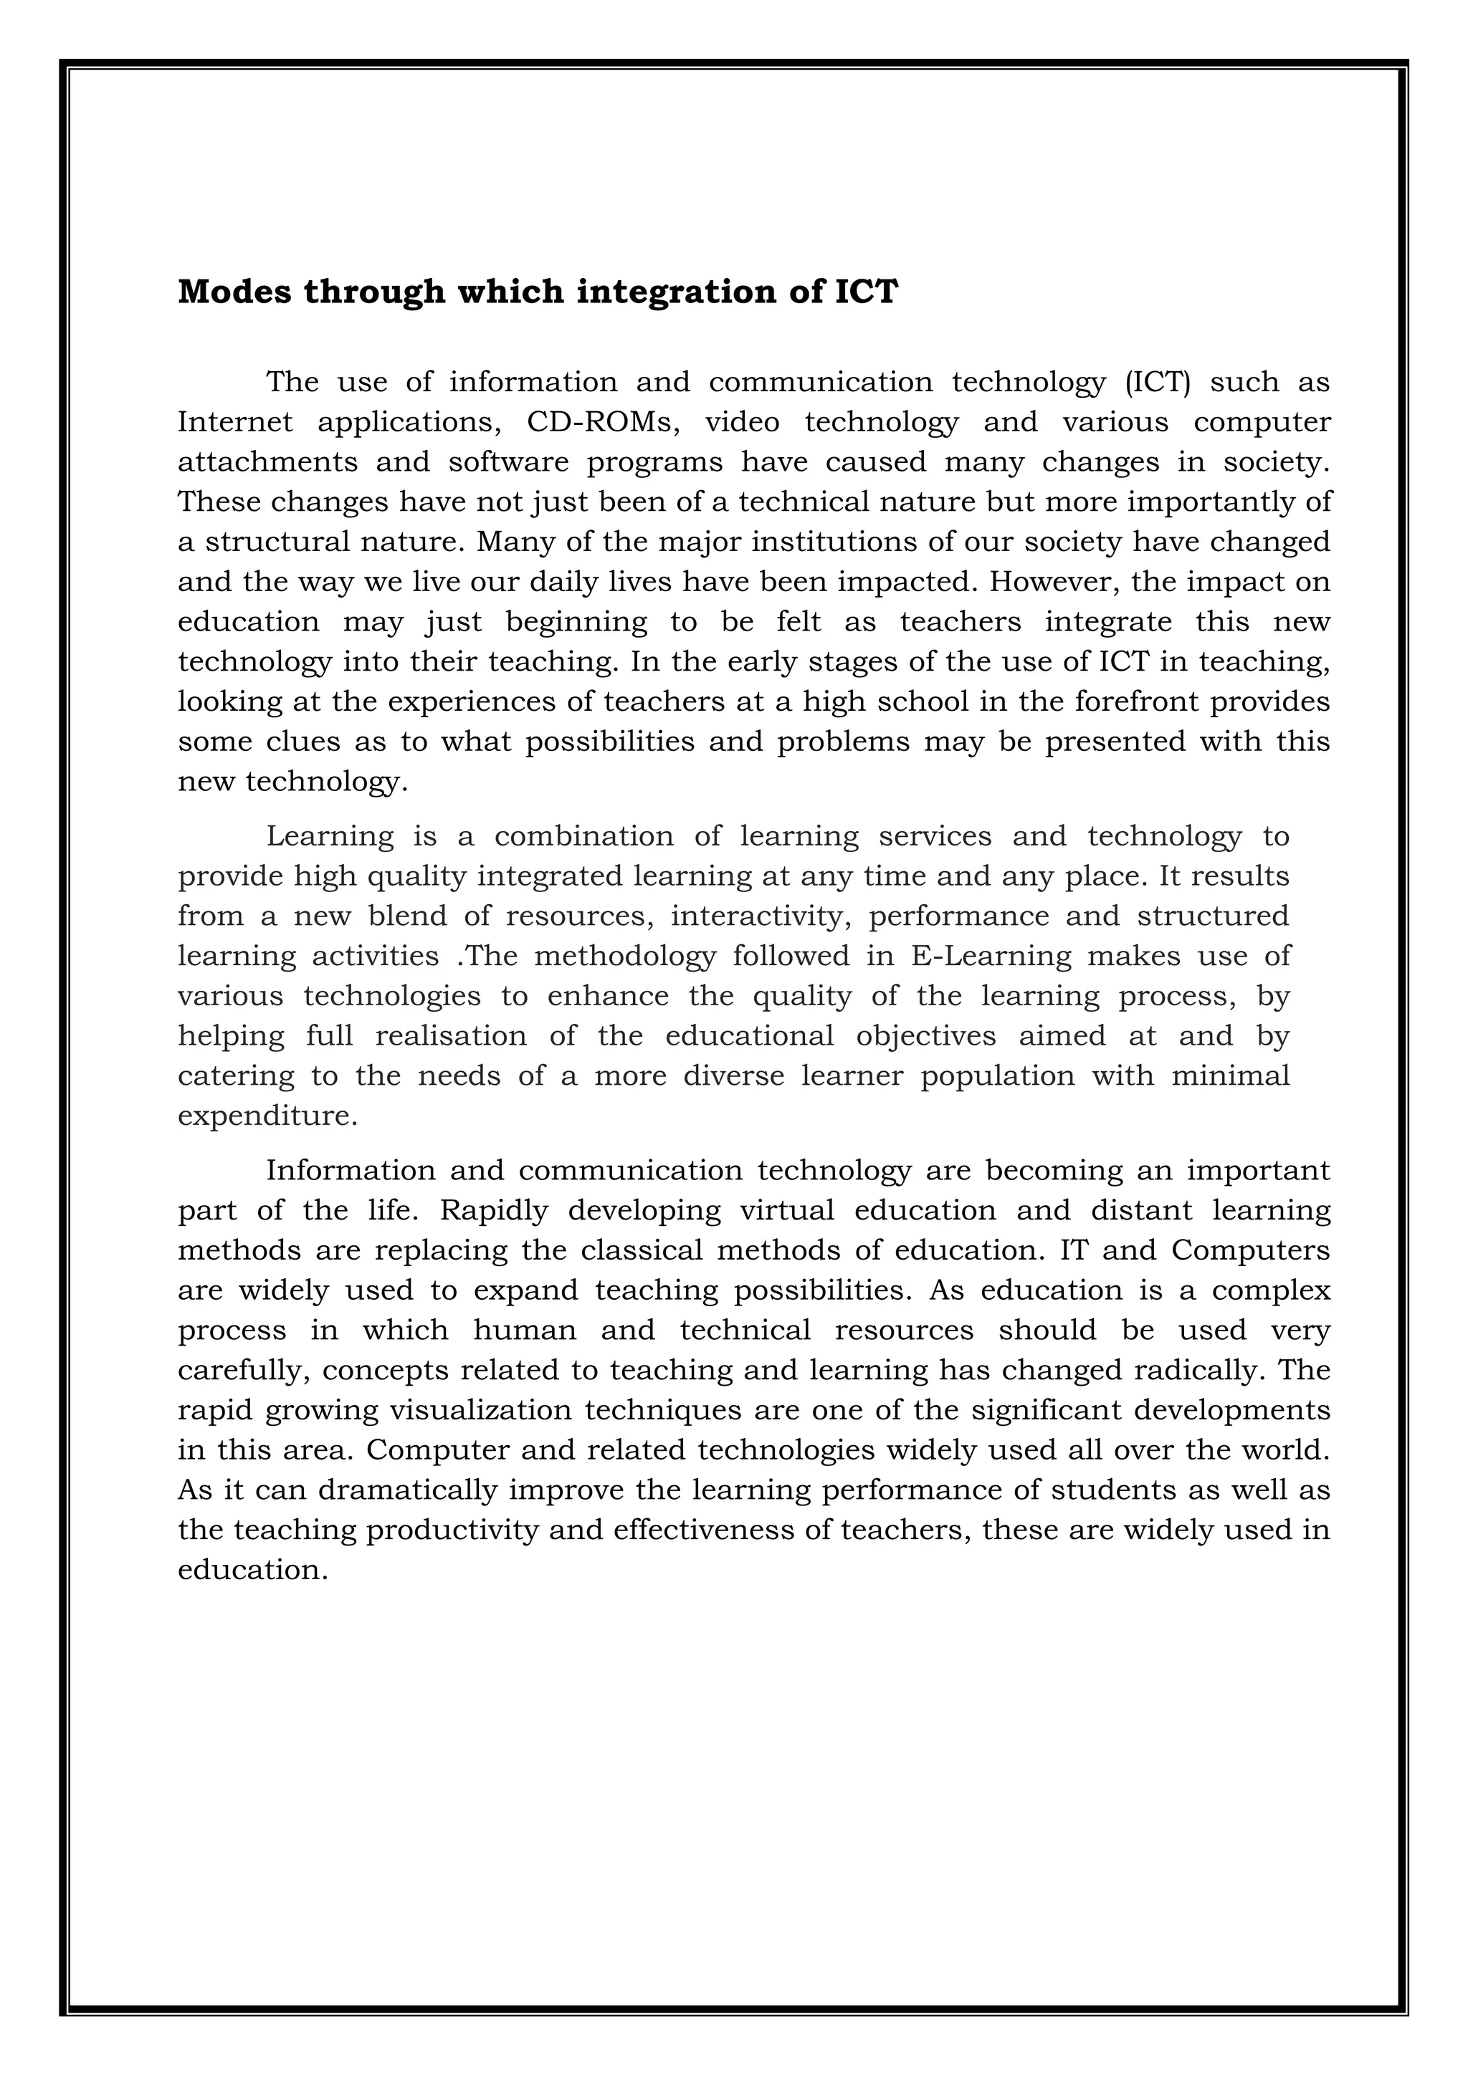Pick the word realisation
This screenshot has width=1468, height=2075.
[x=450, y=1035]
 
